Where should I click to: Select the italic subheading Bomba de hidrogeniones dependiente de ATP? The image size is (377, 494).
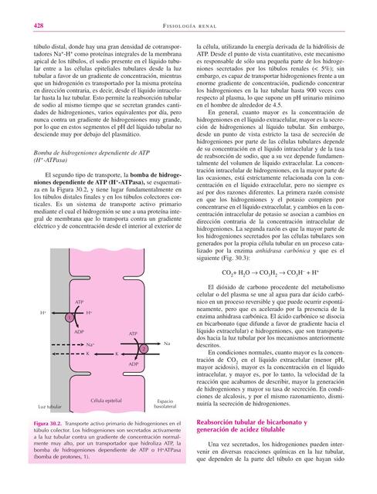84,178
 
